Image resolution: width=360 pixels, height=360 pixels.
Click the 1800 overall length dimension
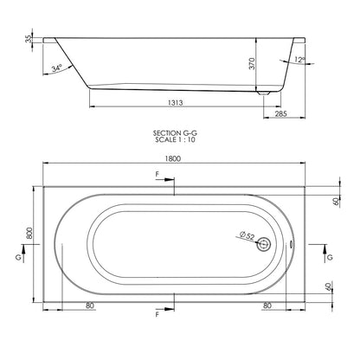tap(173, 158)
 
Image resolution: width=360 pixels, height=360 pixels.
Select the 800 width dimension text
tap(29, 233)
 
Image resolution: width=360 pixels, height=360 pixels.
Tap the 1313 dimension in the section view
tap(176, 102)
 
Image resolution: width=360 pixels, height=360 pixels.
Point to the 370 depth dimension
tap(252, 63)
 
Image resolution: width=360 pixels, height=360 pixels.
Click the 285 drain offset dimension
tap(280, 113)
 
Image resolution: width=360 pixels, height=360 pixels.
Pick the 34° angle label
tap(57, 68)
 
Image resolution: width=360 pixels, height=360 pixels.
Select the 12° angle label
tap(299, 60)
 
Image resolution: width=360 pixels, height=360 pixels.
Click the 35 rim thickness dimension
tap(29, 39)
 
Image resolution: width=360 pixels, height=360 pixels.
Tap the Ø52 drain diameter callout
tap(247, 236)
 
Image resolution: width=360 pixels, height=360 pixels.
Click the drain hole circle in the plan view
tap(263, 244)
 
